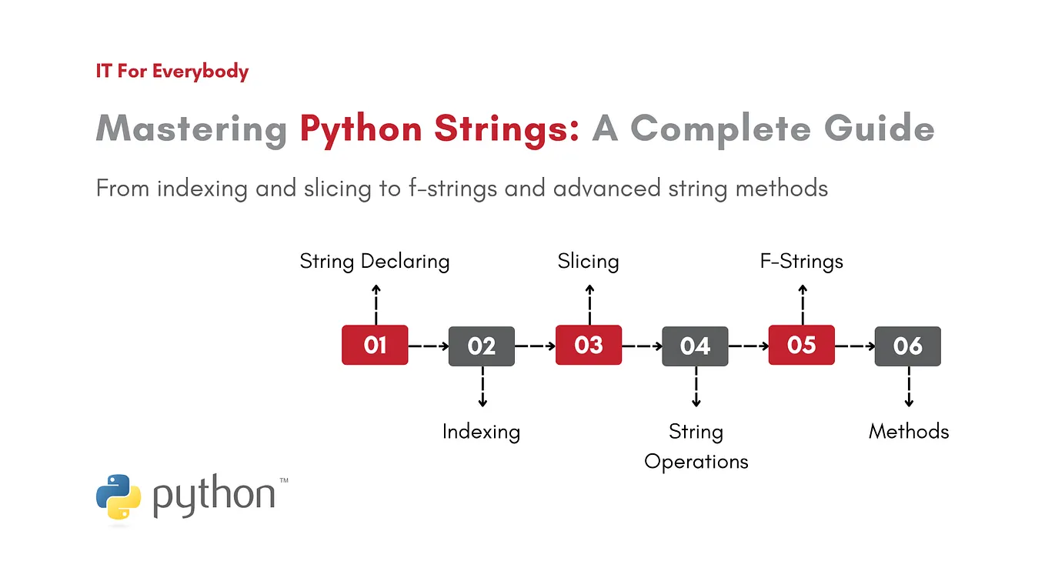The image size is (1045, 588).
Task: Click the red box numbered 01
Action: pyautogui.click(x=375, y=345)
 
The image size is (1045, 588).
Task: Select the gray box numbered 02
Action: pyautogui.click(x=482, y=346)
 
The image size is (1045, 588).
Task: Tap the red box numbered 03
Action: pyautogui.click(x=589, y=345)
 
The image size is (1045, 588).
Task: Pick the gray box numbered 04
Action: pyautogui.click(x=695, y=346)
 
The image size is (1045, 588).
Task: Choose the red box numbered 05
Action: pyautogui.click(x=802, y=345)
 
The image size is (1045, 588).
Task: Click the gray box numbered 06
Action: pyautogui.click(x=908, y=346)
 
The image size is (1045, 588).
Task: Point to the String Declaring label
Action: pyautogui.click(x=375, y=262)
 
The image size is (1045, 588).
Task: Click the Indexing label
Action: pyautogui.click(x=481, y=432)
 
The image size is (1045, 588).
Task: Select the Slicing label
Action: pyautogui.click(x=589, y=262)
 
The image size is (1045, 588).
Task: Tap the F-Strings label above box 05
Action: pyautogui.click(x=802, y=262)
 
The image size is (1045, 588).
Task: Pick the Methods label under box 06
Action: pyautogui.click(x=909, y=432)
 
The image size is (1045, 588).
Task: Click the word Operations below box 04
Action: pyautogui.click(x=696, y=462)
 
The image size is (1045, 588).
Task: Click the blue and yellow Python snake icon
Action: pyautogui.click(x=119, y=498)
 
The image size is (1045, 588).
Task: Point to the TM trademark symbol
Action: pyautogui.click(x=284, y=481)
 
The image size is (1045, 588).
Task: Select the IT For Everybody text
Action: pyautogui.click(x=172, y=72)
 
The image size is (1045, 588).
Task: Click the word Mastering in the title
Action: pyautogui.click(x=191, y=129)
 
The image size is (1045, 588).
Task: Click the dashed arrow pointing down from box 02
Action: pyautogui.click(x=482, y=387)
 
